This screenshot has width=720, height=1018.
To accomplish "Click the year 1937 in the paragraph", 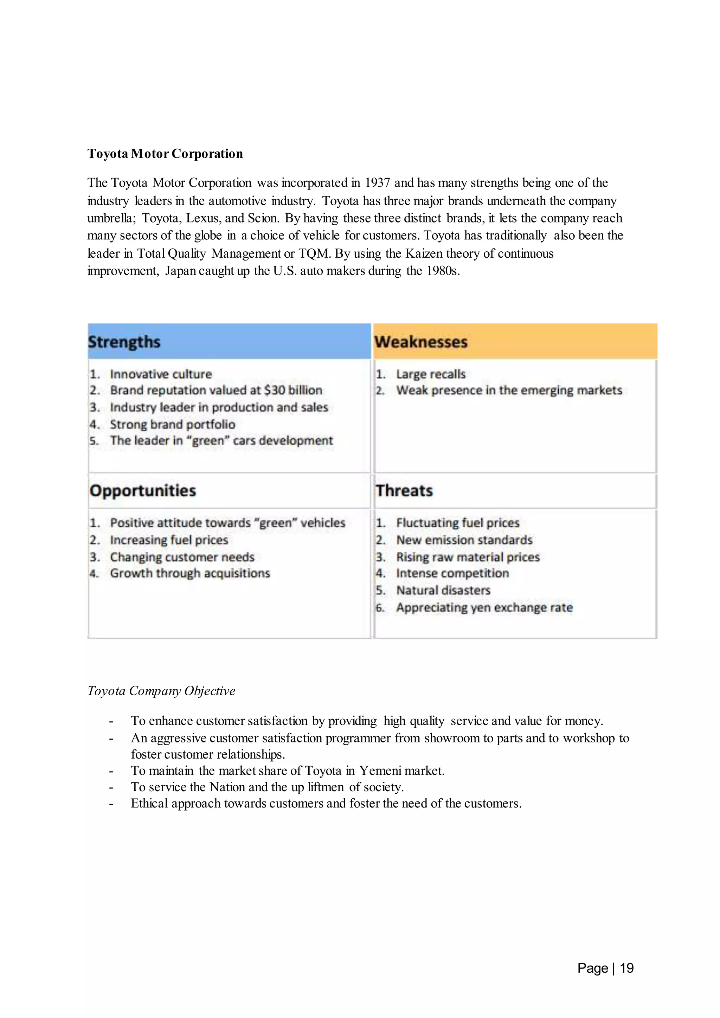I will (x=377, y=183).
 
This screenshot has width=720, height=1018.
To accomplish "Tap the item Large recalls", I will (x=431, y=374).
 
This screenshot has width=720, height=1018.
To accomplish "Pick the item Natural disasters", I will (x=443, y=591).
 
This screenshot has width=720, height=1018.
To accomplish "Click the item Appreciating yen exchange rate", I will (x=484, y=607).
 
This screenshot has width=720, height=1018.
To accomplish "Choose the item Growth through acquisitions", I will (x=190, y=573).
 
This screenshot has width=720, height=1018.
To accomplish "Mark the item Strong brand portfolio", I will (x=173, y=424).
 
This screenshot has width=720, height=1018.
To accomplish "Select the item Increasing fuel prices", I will (x=169, y=540).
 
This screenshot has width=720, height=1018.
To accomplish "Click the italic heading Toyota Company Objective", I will (x=161, y=691).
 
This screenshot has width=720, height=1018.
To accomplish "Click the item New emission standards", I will (x=464, y=540).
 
